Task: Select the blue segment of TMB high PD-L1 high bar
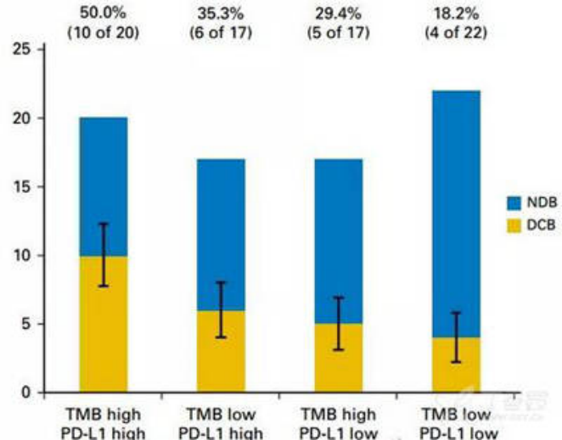click(x=104, y=170)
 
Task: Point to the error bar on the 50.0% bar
click(x=104, y=255)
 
